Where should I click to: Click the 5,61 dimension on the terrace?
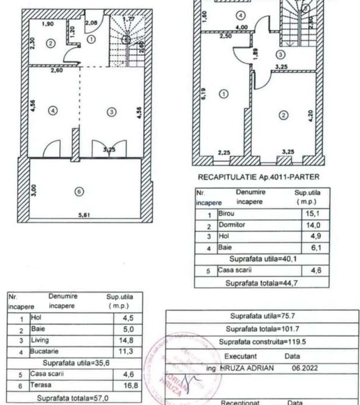[x=84, y=215]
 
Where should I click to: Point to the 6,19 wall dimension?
[x=203, y=94]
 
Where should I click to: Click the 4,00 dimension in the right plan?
[x=241, y=28]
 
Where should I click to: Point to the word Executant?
[x=240, y=356]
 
